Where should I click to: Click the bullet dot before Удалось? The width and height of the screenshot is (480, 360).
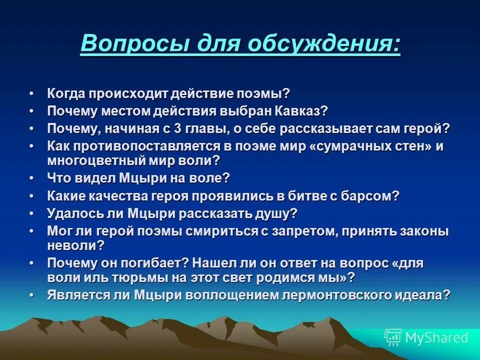(x=32, y=213)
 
